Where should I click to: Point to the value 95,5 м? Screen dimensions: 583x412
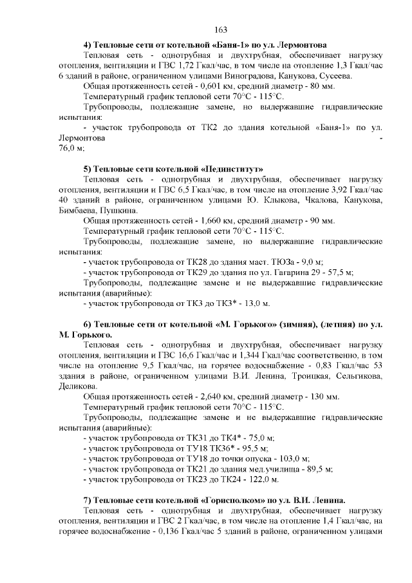254,447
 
